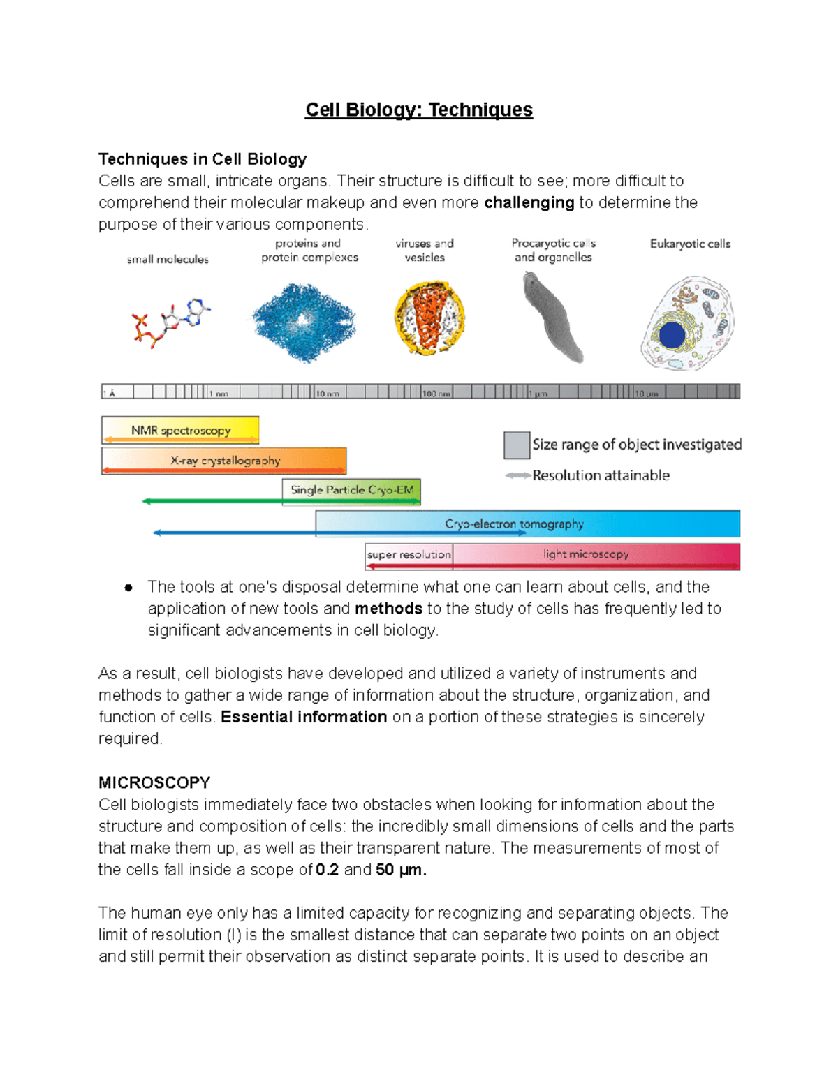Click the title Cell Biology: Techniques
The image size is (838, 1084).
coord(418,110)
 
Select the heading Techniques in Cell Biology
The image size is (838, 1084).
coord(203,159)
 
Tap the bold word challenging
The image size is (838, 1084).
coord(529,202)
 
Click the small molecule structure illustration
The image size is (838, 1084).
coord(170,322)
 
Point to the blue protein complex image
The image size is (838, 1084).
coord(304,322)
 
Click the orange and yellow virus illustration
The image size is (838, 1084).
coord(429,318)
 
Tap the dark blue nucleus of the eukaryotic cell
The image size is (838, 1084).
coord(672,335)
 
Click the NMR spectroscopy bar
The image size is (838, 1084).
coord(180,430)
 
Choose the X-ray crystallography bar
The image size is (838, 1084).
coord(224,461)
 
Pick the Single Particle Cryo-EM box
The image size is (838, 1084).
coord(351,490)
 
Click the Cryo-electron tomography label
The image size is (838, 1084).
coord(514,524)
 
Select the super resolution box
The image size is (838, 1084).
coord(409,555)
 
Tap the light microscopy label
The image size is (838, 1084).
coord(585,554)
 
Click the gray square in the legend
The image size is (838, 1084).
coord(516,445)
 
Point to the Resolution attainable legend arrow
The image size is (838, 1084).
coord(517,475)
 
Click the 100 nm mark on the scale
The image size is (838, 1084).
coord(436,394)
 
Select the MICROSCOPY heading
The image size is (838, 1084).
coord(154,782)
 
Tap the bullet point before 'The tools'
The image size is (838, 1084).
coord(128,588)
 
